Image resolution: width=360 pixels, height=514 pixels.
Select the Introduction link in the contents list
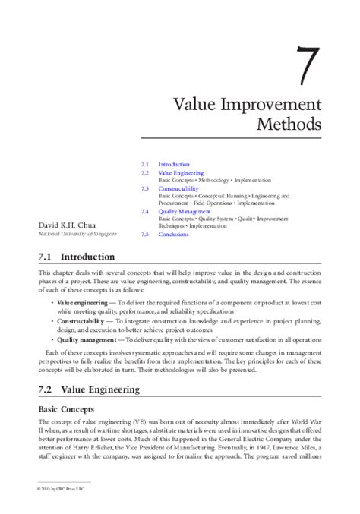(174, 165)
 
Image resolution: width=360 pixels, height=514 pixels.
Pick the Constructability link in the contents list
(178, 188)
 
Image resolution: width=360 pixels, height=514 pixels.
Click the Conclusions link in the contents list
(173, 235)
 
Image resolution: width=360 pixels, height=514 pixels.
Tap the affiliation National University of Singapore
(75, 235)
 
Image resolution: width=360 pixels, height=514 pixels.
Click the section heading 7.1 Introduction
(77, 257)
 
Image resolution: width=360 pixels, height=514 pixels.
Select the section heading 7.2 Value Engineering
(89, 389)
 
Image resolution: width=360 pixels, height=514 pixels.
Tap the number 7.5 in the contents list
(145, 235)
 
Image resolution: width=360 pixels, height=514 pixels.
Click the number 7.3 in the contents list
(145, 188)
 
